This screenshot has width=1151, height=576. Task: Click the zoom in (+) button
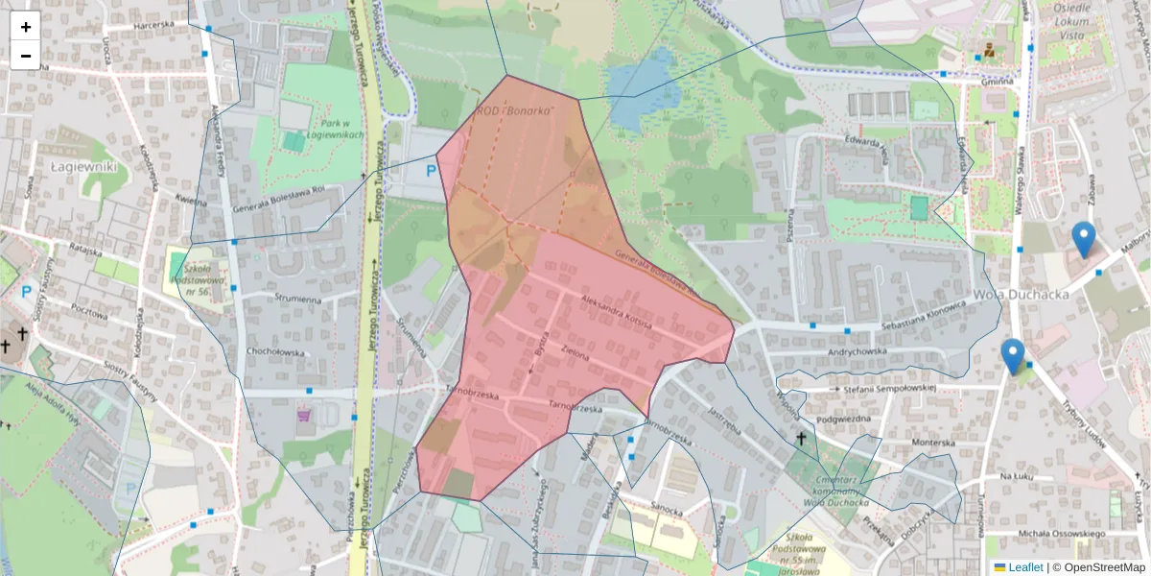click(x=26, y=27)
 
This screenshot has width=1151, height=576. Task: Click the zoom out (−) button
click(x=26, y=56)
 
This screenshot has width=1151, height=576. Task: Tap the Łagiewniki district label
click(x=84, y=166)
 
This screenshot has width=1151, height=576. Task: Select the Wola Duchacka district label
click(x=1021, y=295)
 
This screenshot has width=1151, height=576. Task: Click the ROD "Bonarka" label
click(x=516, y=111)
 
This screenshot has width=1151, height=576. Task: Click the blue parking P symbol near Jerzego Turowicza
click(x=431, y=171)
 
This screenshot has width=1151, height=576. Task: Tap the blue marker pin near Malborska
click(x=1084, y=238)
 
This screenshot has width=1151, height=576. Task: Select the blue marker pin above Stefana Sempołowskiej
click(x=1013, y=355)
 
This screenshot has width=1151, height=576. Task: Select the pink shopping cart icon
click(x=304, y=416)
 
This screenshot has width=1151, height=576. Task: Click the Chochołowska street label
click(x=275, y=352)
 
